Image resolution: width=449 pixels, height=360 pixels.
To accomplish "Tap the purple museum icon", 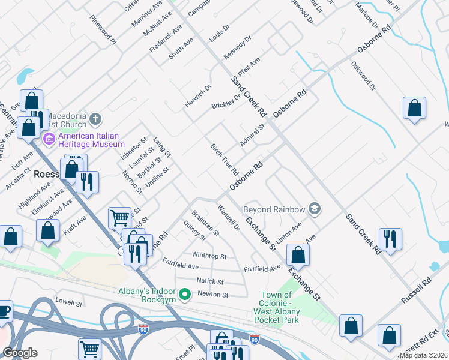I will (x=49, y=140).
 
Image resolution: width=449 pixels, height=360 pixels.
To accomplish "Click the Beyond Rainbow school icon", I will (x=313, y=209).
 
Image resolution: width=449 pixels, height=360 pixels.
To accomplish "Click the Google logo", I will (x=20, y=353).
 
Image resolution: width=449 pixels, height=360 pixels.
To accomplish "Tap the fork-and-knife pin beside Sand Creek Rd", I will (x=390, y=239).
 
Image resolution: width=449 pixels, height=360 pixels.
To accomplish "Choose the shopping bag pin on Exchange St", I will (x=298, y=255).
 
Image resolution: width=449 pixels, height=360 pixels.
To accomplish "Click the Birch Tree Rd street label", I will (x=224, y=160).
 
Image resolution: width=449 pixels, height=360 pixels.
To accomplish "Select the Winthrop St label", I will (x=209, y=256).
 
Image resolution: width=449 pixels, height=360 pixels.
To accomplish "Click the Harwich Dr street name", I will (x=199, y=95).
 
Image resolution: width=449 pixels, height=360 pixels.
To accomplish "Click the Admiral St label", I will (x=252, y=135).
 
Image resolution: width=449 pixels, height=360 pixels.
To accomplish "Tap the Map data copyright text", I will (x=424, y=355).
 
